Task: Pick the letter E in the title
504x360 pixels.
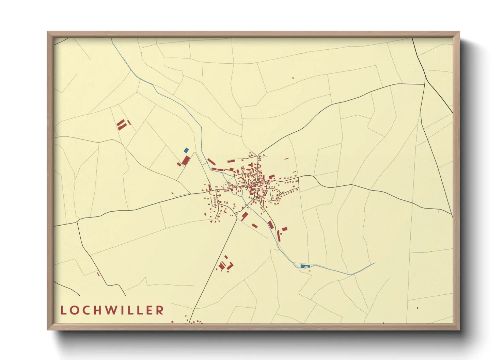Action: [x=149, y=310]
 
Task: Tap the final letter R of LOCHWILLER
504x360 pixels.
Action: [x=160, y=310]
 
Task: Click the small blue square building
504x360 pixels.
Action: [x=186, y=150]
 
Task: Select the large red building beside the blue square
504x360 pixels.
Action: [x=186, y=160]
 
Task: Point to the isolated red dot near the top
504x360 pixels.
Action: [x=293, y=78]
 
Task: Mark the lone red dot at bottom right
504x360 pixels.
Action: [x=418, y=308]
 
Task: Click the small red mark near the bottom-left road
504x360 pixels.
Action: [x=98, y=274]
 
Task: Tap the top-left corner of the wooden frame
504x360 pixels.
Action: [x=48, y=32]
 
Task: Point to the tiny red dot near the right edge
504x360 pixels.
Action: [x=438, y=212]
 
